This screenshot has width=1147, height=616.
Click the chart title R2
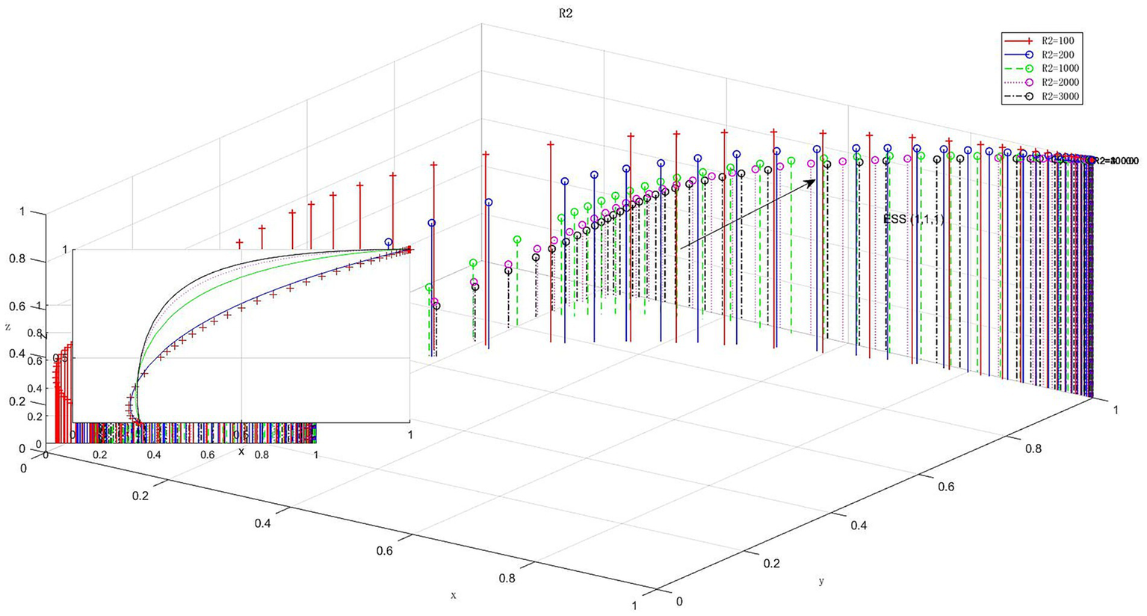tap(565, 13)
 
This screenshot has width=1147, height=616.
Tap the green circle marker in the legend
tap(1028, 69)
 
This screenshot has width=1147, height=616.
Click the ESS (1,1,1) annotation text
tap(914, 219)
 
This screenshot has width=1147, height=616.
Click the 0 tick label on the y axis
tap(678, 600)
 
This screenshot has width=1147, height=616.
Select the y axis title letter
tap(821, 581)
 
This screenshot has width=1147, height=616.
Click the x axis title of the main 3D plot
tap(453, 595)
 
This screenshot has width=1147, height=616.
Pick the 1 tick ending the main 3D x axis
tap(635, 606)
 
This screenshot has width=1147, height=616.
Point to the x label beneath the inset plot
tap(241, 452)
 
